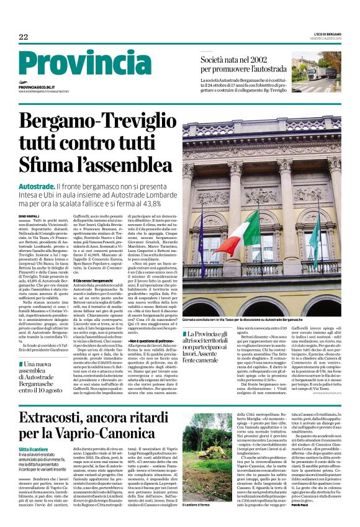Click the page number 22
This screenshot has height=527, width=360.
pos(24,37)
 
